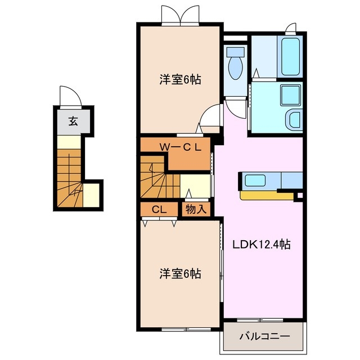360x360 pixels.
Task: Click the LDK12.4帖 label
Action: (262, 245)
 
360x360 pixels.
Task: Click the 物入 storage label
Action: (195, 209)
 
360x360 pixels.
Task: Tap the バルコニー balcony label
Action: (264, 336)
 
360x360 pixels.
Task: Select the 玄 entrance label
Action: (73, 120)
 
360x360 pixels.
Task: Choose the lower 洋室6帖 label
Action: (179, 274)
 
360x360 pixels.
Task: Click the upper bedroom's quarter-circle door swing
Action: (209, 116)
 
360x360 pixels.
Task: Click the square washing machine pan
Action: (290, 95)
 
